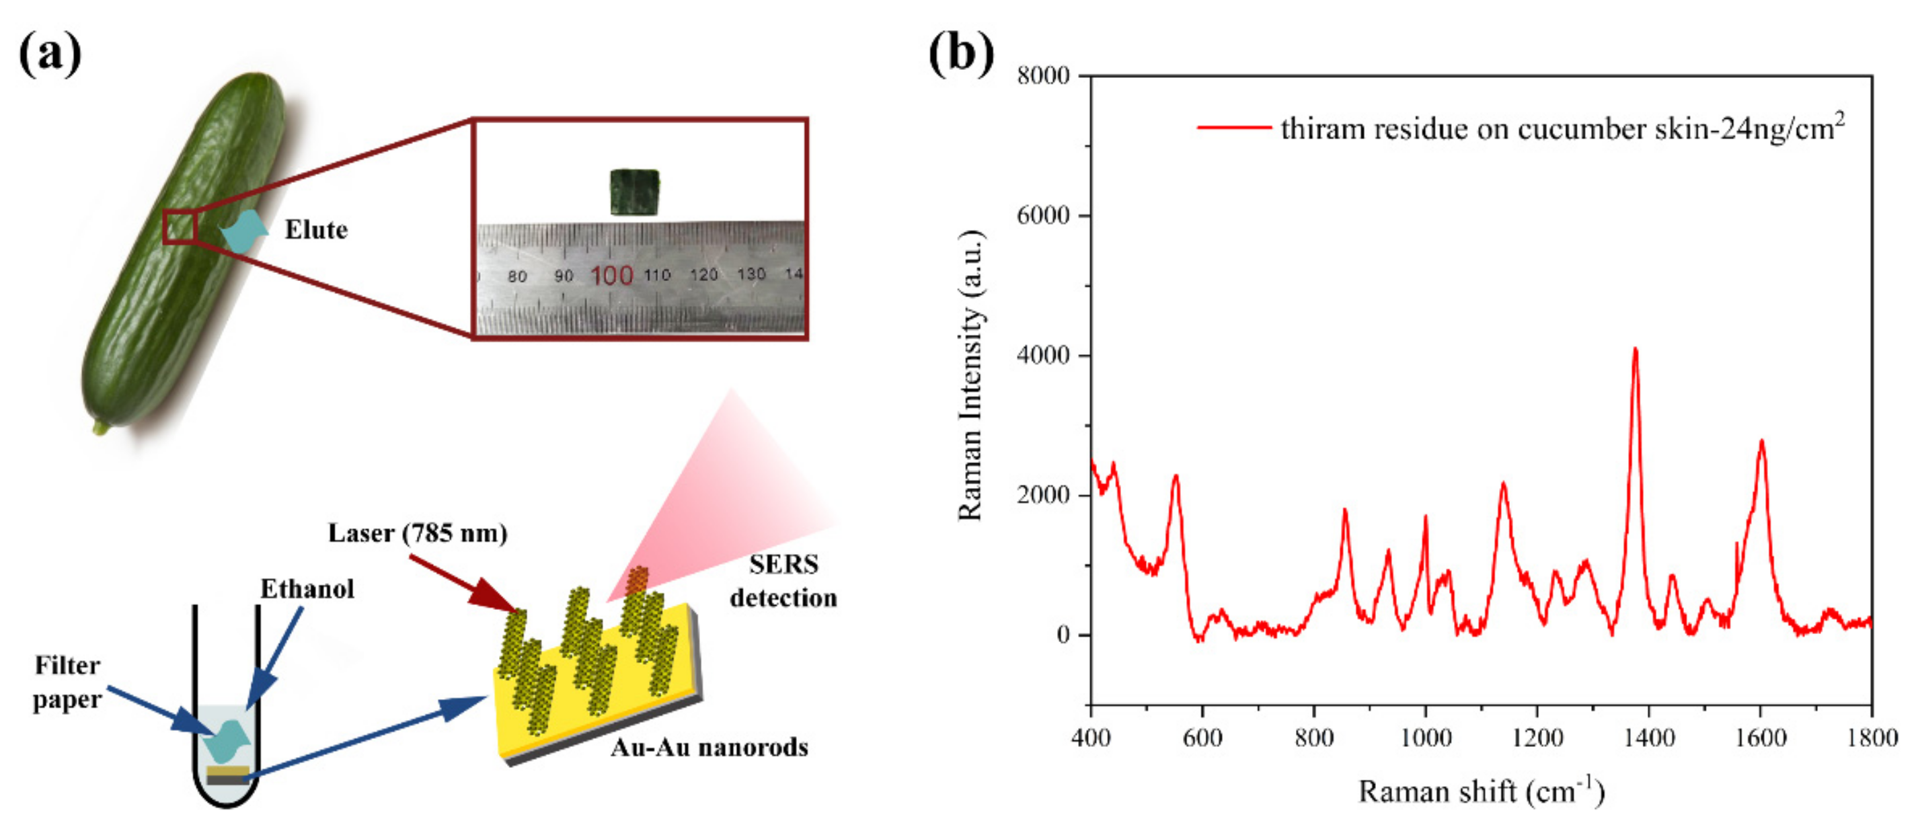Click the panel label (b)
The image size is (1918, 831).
coord(960,54)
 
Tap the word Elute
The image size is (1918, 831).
coord(315,230)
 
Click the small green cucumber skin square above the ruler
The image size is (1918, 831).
coord(634,192)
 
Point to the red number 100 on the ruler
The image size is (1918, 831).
coord(611,276)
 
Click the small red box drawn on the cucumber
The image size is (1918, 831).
coord(180,227)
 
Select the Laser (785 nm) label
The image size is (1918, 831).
coord(418,533)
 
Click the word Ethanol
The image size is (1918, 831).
coord(307,589)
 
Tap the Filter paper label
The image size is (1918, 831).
coord(67,682)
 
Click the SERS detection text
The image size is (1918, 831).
coord(783,581)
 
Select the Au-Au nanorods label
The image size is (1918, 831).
coord(709,747)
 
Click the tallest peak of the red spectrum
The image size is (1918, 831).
coord(1635,350)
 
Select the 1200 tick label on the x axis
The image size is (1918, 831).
coord(1537,738)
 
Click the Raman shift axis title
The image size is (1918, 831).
coord(1481,791)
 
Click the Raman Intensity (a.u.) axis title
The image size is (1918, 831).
coord(971,375)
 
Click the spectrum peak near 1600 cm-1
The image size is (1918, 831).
coord(1762,442)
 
